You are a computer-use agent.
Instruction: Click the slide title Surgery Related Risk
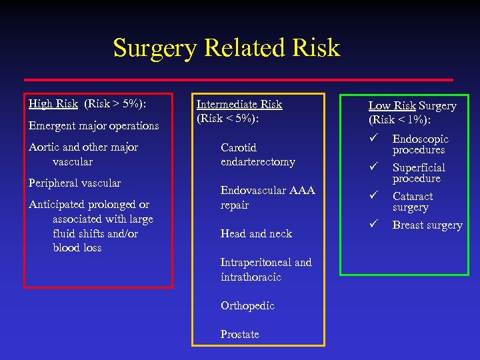click(x=226, y=47)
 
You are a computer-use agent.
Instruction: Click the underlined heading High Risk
click(x=53, y=104)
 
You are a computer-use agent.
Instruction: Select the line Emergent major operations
click(x=93, y=125)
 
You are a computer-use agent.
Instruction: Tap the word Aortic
click(x=44, y=147)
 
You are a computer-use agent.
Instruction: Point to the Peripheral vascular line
click(x=75, y=183)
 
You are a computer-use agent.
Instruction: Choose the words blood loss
click(x=77, y=247)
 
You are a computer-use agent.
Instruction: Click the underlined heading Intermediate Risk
click(x=239, y=104)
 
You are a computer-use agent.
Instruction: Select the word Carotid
click(x=238, y=147)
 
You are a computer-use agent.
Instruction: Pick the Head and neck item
click(x=256, y=233)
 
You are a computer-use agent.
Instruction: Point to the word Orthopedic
click(x=247, y=305)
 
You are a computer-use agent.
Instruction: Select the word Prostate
click(x=239, y=334)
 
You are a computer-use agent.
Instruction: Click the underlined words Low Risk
click(x=393, y=105)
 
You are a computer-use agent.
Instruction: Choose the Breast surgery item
click(x=427, y=225)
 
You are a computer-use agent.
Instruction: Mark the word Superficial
click(x=419, y=167)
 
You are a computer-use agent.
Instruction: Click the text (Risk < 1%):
click(x=399, y=120)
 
